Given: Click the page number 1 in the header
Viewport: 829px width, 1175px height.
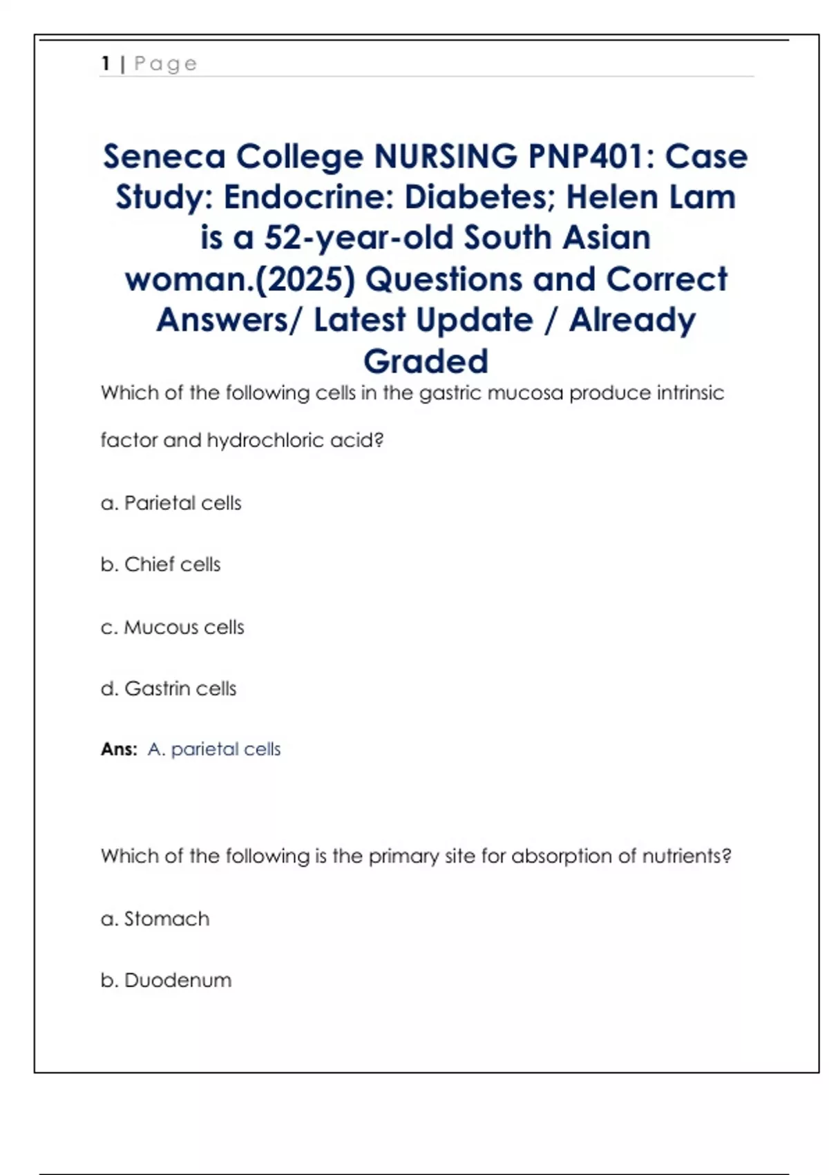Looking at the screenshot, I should (x=106, y=64).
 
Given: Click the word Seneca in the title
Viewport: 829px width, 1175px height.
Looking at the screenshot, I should (x=164, y=156).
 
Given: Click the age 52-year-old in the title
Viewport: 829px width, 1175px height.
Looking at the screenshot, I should (x=359, y=238).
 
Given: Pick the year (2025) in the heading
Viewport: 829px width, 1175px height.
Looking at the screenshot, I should (x=306, y=279).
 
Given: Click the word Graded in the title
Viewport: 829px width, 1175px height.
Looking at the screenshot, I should (x=426, y=361).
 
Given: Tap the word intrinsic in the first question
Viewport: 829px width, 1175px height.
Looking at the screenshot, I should (x=690, y=393).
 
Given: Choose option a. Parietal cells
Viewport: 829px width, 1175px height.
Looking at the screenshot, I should (x=171, y=502).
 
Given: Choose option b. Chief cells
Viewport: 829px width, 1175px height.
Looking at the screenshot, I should (x=161, y=564).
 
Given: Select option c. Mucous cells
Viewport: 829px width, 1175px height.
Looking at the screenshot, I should (x=173, y=627).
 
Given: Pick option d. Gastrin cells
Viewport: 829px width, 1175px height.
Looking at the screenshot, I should (x=169, y=688).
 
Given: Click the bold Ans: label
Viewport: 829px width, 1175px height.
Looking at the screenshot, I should (x=119, y=749).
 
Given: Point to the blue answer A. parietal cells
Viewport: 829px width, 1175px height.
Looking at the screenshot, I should (x=214, y=749).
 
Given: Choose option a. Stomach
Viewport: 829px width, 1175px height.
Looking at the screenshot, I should (x=155, y=919).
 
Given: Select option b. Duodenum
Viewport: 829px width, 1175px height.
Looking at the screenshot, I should (x=166, y=980).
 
